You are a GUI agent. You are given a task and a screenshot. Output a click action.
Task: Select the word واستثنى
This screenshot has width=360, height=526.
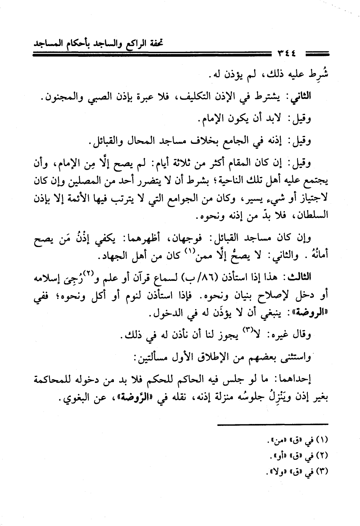click(x=294, y=358)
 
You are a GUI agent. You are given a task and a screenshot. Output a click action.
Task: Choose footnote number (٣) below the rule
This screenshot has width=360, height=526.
click(x=322, y=471)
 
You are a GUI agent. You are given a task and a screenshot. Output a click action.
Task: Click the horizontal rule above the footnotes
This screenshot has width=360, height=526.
click(x=273, y=424)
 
